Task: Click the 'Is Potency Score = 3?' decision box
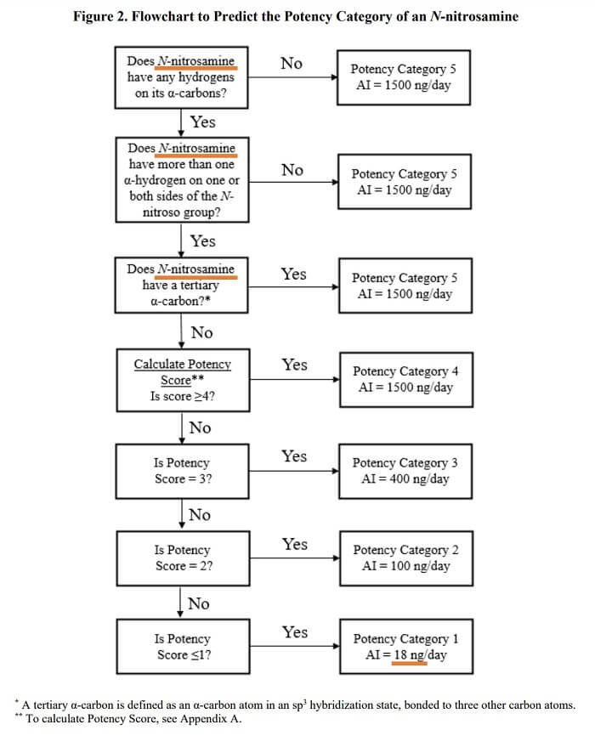pyautogui.click(x=182, y=471)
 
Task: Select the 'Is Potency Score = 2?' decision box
pyautogui.click(x=182, y=558)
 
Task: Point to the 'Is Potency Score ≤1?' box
pyautogui.click(x=182, y=647)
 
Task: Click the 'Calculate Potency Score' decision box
pyautogui.click(x=182, y=380)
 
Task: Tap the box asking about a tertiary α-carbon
pyautogui.click(x=182, y=286)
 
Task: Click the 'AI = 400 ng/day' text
pyautogui.click(x=401, y=479)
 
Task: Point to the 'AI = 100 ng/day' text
pyautogui.click(x=401, y=567)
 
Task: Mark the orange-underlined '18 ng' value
pyautogui.click(x=410, y=655)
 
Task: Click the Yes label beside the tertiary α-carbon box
pyautogui.click(x=294, y=275)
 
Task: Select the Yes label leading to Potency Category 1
pyautogui.click(x=294, y=632)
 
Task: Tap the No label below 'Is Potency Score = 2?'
pyautogui.click(x=198, y=603)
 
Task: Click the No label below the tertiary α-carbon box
pyautogui.click(x=201, y=332)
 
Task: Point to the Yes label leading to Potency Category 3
pyautogui.click(x=294, y=456)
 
